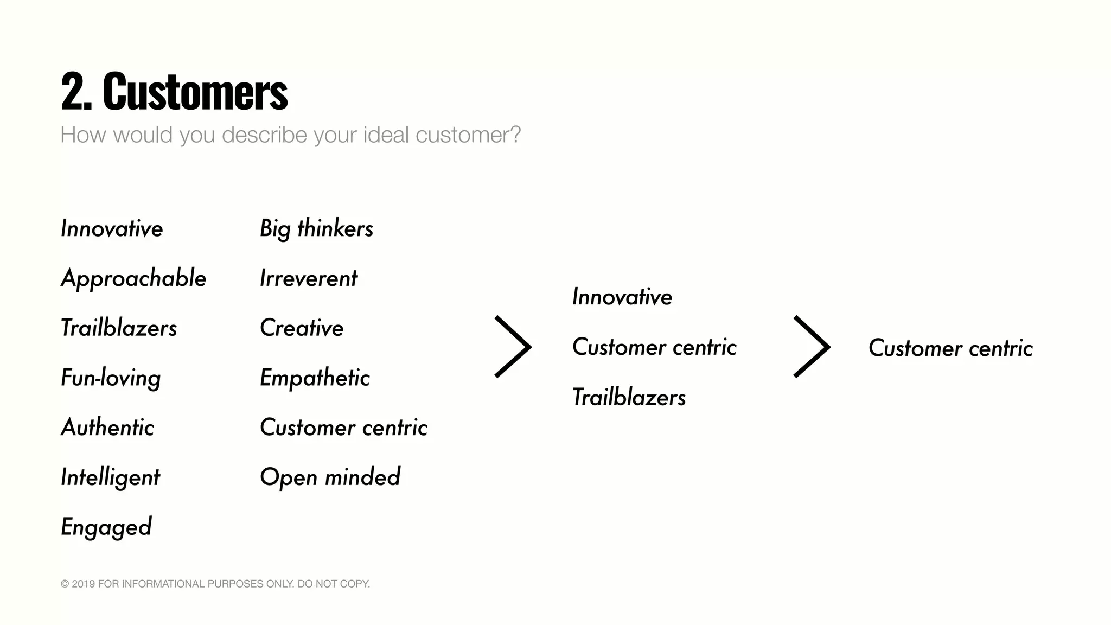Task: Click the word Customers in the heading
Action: coord(195,92)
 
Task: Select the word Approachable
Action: coord(133,279)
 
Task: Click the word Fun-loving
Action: coord(111,378)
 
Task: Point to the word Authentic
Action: coord(107,428)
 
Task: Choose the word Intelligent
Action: coord(110,478)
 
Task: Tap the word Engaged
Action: coord(106,527)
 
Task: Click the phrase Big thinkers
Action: coord(316,229)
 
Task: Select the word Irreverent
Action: coord(308,279)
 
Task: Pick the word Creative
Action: coord(302,328)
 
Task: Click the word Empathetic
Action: coord(315,378)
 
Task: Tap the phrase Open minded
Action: coord(330,477)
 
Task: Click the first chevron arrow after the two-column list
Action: coord(513,347)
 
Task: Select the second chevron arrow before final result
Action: coord(812,347)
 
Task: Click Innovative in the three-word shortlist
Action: coord(622,297)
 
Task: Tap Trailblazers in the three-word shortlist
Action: coord(629,398)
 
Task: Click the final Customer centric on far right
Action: coord(950,348)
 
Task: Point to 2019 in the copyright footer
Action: coord(84,584)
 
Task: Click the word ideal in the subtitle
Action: coord(385,135)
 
